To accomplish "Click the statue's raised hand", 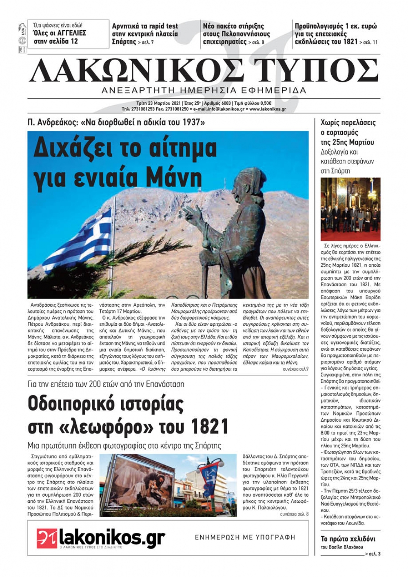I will [190, 212].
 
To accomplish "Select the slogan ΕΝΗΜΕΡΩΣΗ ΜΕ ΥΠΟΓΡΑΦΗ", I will [245, 537].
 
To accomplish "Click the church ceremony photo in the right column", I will [350, 209].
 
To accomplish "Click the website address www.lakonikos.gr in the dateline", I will [268, 109].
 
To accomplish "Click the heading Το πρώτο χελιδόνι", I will [348, 539].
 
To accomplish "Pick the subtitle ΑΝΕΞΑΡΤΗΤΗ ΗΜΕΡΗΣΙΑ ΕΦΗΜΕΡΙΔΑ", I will [204, 90].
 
